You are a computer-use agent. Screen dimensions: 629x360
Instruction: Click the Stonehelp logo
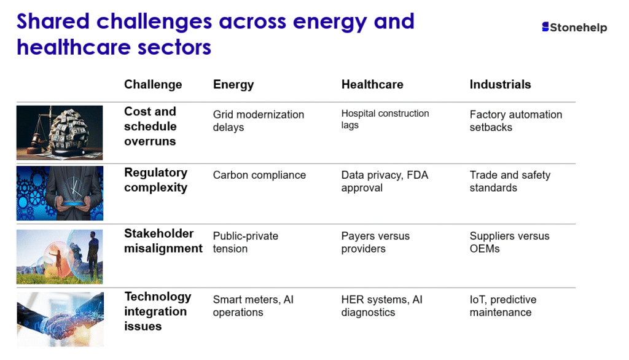click(x=574, y=27)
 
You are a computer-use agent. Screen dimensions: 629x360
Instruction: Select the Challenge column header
click(x=153, y=84)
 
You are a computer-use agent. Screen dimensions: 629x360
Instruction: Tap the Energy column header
click(x=233, y=85)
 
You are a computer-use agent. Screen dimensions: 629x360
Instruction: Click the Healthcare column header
click(x=372, y=84)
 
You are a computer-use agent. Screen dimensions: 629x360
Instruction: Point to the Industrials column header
click(x=500, y=84)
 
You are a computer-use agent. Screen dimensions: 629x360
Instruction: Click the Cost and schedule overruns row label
click(x=150, y=126)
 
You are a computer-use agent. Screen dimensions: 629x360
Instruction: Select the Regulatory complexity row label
click(x=155, y=180)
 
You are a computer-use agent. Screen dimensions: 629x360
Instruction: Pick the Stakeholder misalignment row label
click(x=163, y=241)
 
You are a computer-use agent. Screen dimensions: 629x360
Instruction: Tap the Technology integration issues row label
click(x=158, y=311)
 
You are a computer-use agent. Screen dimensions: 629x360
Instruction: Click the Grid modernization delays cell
click(x=259, y=121)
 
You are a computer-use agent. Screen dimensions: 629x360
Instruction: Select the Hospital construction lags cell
click(x=385, y=119)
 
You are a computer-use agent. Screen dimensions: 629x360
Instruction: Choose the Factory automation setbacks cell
click(x=516, y=121)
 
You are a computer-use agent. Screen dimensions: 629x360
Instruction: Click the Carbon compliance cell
click(x=259, y=175)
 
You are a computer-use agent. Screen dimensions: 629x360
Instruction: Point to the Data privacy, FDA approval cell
click(x=385, y=181)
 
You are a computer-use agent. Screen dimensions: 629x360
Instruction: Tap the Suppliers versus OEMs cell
click(x=509, y=242)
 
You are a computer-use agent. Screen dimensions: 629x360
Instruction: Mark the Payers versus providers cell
click(x=375, y=242)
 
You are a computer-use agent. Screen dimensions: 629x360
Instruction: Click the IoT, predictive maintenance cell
click(x=503, y=306)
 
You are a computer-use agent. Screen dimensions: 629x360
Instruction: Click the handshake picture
click(x=60, y=319)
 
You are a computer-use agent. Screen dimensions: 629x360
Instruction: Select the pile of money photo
click(x=60, y=133)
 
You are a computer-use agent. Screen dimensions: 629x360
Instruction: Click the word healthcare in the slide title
click(x=74, y=47)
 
